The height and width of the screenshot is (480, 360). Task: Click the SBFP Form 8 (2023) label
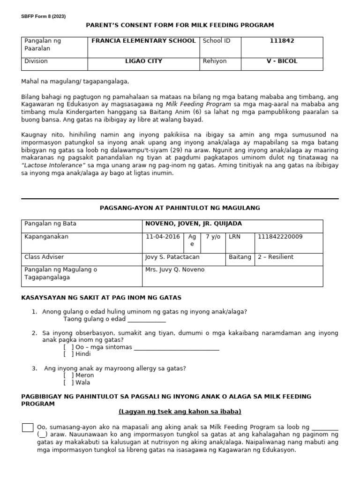pos(43,16)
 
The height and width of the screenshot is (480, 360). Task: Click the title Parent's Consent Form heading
pos(180,25)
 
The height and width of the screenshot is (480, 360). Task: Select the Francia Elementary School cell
pos(143,41)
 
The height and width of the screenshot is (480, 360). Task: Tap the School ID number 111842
pos(282,41)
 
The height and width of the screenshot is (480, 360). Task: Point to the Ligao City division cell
pos(143,61)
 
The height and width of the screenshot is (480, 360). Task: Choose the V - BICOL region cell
pos(282,61)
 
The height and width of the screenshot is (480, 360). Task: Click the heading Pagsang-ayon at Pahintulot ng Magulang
pos(180,208)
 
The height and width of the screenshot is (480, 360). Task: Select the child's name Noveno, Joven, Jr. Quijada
pos(194,224)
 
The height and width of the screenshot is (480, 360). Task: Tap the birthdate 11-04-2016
pos(163,237)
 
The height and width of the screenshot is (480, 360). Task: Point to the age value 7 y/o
pos(213,237)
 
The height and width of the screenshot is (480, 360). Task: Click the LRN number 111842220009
pos(279,237)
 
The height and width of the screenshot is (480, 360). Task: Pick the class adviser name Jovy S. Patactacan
pos(172,257)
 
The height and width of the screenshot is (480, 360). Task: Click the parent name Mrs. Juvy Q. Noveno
pos(175,270)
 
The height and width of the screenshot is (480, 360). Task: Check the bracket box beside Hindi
pos(68,354)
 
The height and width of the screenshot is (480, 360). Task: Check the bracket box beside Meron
pos(68,375)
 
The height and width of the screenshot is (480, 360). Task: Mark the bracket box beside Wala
pos(68,382)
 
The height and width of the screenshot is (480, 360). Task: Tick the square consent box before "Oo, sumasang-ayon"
pos(28,427)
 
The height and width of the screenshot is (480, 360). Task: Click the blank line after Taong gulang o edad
pos(146,319)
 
